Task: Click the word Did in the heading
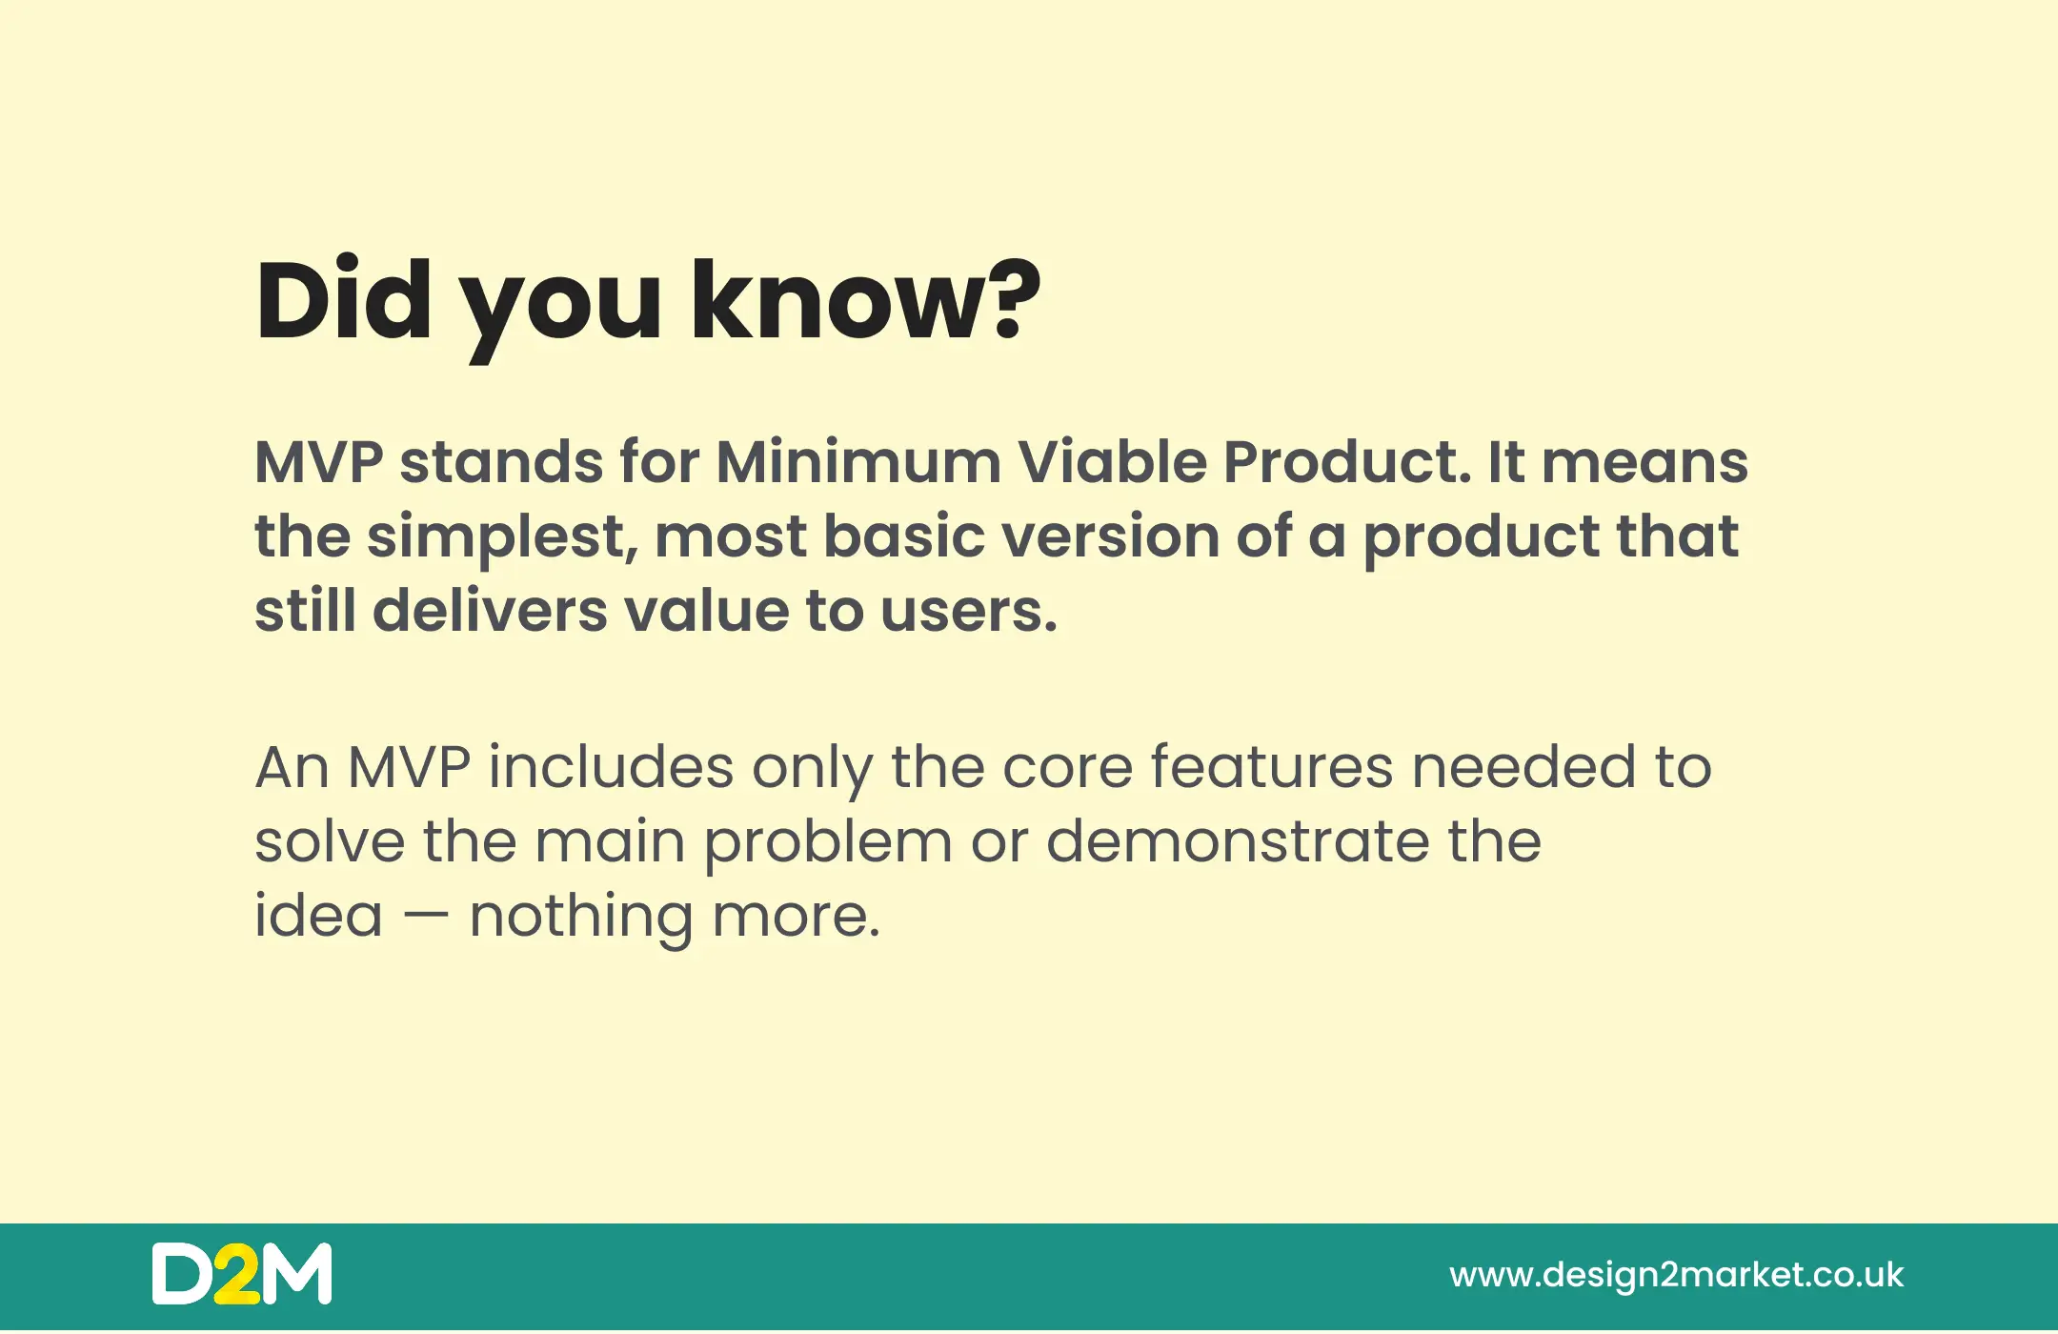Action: pyautogui.click(x=343, y=299)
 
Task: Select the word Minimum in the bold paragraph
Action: pyautogui.click(x=857, y=462)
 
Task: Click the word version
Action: pyautogui.click(x=1110, y=536)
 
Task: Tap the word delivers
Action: pyautogui.click(x=490, y=610)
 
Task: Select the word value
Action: pyautogui.click(x=706, y=610)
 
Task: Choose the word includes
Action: pyautogui.click(x=611, y=766)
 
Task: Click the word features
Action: pyautogui.click(x=1271, y=766)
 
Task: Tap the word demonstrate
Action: pyautogui.click(x=1238, y=841)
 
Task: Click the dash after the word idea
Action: pyautogui.click(x=425, y=919)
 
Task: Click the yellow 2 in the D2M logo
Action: pyautogui.click(x=235, y=1274)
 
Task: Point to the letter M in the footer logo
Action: pyautogui.click(x=296, y=1274)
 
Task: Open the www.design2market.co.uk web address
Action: pyautogui.click(x=1676, y=1276)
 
